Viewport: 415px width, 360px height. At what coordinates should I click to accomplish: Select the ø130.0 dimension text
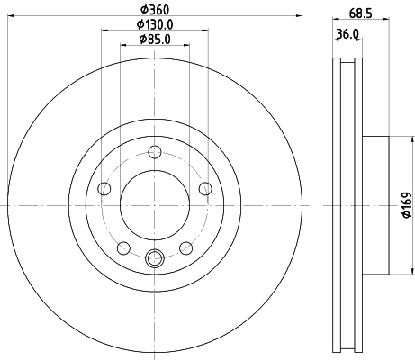(x=154, y=24)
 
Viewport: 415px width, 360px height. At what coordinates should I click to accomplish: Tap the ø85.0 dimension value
(x=154, y=40)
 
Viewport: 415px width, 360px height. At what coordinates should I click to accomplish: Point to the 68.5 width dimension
(x=361, y=13)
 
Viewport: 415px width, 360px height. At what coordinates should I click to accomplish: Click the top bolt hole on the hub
(x=154, y=151)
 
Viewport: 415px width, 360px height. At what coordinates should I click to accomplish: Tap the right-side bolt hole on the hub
(x=206, y=188)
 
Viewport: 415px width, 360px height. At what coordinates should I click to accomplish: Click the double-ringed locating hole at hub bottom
(x=154, y=260)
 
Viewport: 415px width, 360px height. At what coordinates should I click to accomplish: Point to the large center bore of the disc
(x=154, y=205)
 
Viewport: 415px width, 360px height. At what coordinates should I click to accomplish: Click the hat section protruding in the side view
(x=375, y=205)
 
